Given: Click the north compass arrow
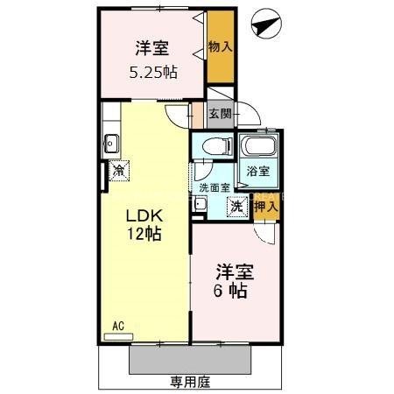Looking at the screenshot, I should pos(264,27).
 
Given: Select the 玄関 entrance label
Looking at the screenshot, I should pos(221,113).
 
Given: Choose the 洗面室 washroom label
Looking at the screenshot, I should pos(214,186).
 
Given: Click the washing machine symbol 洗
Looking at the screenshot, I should pos(236,207).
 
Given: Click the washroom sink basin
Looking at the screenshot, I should pos(200,205).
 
